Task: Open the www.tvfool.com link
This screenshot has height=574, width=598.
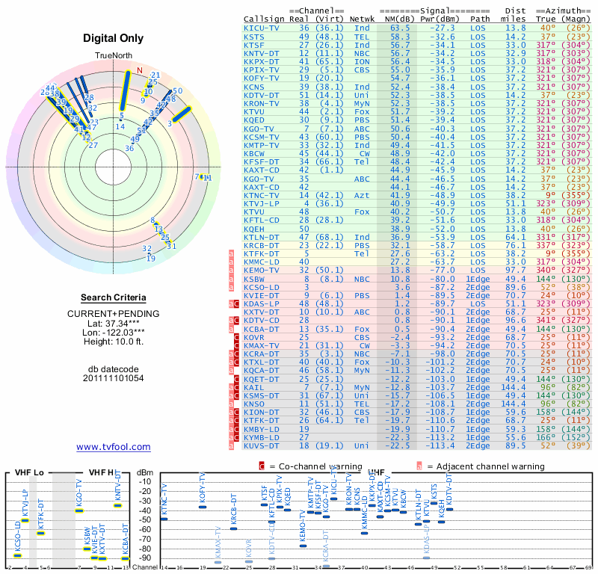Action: tap(114, 447)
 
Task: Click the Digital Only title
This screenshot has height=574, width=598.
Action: tap(114, 38)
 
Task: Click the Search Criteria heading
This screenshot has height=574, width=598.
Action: tap(113, 297)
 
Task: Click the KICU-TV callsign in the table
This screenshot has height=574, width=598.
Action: tap(262, 27)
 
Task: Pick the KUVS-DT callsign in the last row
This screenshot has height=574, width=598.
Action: tap(262, 445)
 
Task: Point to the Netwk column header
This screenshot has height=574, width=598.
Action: tap(363, 18)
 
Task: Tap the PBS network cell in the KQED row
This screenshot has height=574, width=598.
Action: tap(362, 119)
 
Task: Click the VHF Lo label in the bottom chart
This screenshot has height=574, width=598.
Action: tap(28, 473)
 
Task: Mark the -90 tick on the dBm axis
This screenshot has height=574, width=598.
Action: tap(145, 558)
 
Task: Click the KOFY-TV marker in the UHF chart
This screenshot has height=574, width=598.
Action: tap(202, 507)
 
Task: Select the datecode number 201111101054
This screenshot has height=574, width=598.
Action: tap(114, 378)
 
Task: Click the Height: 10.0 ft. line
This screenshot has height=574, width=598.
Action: tap(114, 342)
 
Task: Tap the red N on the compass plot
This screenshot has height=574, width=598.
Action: tap(138, 71)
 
